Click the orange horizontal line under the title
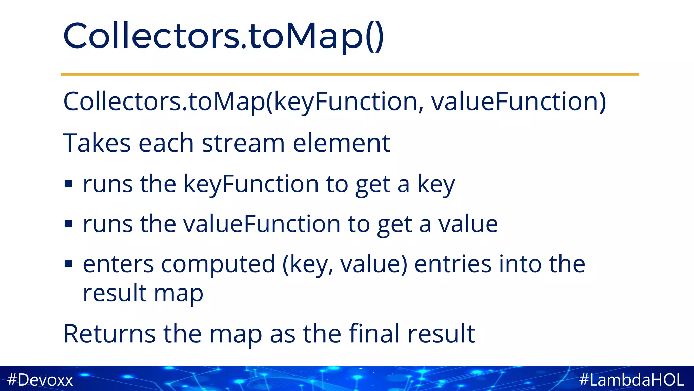[x=350, y=74]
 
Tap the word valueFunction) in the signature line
[x=518, y=101]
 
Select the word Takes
[x=97, y=143]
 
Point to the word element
[x=342, y=143]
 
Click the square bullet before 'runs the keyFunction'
[x=68, y=184]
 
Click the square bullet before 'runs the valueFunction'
[x=68, y=224]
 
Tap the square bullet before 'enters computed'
[x=68, y=263]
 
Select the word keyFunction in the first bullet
[x=251, y=184]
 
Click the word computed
[x=218, y=264]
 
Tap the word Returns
[x=109, y=334]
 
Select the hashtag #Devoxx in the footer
[x=40, y=379]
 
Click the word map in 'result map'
[x=178, y=294]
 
